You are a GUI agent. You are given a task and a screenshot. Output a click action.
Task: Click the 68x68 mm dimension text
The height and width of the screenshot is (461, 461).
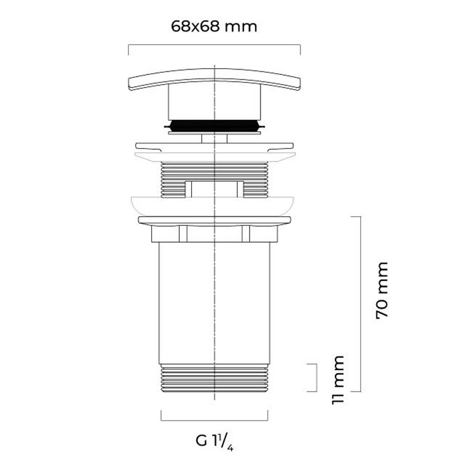coord(214,27)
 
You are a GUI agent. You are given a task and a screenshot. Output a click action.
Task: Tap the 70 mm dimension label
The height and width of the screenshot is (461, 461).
coord(382,290)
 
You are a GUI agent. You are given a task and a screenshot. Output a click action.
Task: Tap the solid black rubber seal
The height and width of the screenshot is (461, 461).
coord(214,125)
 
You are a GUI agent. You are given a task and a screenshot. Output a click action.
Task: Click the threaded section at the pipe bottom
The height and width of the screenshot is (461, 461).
coord(214,378)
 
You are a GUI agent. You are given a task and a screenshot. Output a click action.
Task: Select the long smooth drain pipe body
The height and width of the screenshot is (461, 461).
coord(214,303)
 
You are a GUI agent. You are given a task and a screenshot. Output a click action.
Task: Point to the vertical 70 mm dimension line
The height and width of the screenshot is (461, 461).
coord(361,304)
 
